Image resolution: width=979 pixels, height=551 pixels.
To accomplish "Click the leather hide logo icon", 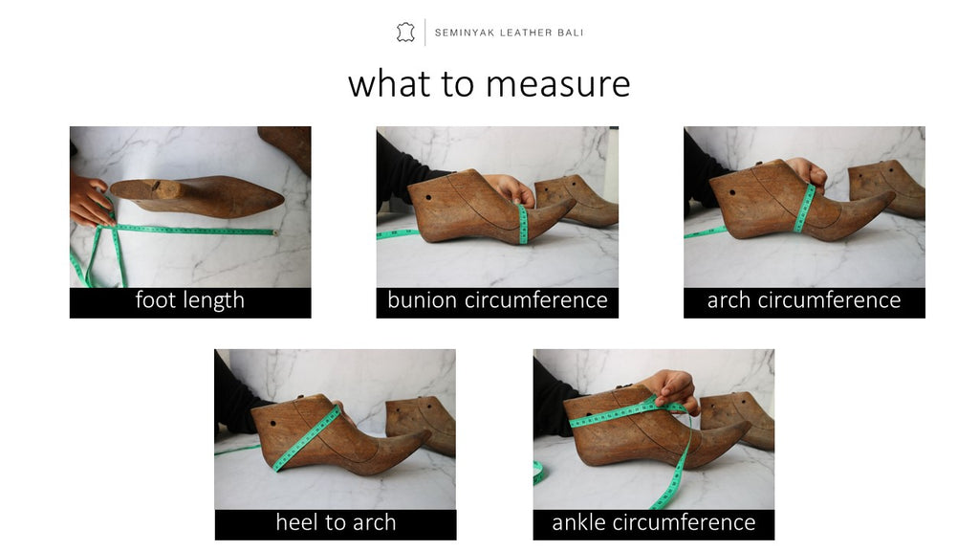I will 405,33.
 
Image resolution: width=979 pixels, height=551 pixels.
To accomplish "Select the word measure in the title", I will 561,84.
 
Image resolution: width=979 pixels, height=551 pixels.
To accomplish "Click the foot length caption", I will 190,300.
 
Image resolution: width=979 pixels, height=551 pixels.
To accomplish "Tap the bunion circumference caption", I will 497,300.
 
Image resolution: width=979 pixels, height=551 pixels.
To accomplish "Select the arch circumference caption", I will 804,300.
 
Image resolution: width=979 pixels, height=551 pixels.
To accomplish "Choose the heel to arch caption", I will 336,522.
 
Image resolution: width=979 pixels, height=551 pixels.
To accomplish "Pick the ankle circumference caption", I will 654,522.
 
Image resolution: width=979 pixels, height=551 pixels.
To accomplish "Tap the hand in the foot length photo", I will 89,202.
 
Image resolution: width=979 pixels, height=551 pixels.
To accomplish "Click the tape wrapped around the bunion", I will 523,224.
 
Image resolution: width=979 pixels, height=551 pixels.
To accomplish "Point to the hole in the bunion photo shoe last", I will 429,199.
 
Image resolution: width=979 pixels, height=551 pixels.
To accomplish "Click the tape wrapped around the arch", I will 804,209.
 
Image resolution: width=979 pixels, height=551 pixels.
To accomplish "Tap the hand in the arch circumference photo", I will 809,171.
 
